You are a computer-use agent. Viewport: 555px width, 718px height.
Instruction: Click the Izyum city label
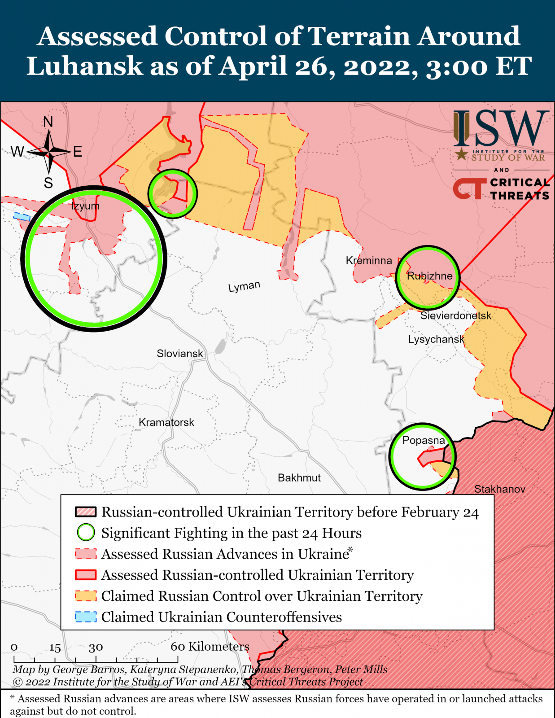click(85, 206)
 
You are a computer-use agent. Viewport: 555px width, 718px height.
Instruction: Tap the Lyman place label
click(244, 286)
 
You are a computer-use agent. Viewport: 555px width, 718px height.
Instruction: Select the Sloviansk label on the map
click(180, 354)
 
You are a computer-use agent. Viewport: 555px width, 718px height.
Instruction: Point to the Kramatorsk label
click(166, 422)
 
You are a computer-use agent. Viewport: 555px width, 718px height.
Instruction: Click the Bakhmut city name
click(299, 477)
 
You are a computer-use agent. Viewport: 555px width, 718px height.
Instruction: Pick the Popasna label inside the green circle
click(424, 440)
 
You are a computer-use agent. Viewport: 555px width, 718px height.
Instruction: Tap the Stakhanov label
click(500, 489)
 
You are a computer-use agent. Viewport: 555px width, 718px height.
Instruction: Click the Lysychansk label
click(436, 339)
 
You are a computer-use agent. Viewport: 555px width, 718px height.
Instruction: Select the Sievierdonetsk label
click(456, 315)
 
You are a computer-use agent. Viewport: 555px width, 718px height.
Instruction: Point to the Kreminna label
click(369, 261)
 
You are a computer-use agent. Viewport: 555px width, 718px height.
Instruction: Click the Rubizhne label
click(430, 276)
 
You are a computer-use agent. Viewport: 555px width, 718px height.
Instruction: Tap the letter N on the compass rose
click(48, 122)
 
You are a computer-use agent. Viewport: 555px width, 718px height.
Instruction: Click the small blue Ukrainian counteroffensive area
click(21, 216)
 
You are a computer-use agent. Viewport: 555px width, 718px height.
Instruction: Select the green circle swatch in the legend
click(86, 533)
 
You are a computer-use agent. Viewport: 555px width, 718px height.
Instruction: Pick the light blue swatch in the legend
click(86, 617)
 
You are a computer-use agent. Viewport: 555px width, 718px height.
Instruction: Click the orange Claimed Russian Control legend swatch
click(86, 596)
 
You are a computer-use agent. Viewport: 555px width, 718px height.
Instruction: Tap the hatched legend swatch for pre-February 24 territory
click(86, 512)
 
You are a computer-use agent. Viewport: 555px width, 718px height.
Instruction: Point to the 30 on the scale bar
click(96, 648)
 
